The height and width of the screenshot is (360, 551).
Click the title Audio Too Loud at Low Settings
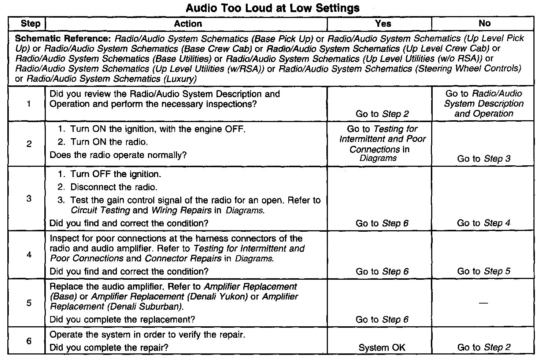pos(273,8)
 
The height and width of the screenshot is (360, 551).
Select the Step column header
pos(30,24)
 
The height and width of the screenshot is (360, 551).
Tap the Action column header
pos(188,24)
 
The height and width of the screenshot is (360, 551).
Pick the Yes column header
pos(383,24)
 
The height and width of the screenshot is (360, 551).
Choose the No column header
pos(484,23)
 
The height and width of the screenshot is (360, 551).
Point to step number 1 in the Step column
pos(29,104)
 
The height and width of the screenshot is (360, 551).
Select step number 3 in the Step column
pos(29,199)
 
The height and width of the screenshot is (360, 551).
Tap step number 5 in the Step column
pos(29,303)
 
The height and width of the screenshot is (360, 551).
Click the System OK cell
pos(382,348)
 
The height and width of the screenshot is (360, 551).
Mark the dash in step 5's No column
pos(484,303)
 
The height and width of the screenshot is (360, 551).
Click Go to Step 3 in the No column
pos(484,159)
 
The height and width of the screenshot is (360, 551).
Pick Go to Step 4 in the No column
pos(484,223)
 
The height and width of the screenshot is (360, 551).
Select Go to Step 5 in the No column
pos(484,271)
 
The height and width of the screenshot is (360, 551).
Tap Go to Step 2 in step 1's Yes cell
pos(382,114)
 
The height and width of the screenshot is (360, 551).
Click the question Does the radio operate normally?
pos(118,155)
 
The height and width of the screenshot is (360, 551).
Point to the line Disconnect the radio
pos(114,187)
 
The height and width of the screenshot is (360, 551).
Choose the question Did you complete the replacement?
pos(122,319)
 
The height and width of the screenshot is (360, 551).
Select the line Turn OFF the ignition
pos(115,174)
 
